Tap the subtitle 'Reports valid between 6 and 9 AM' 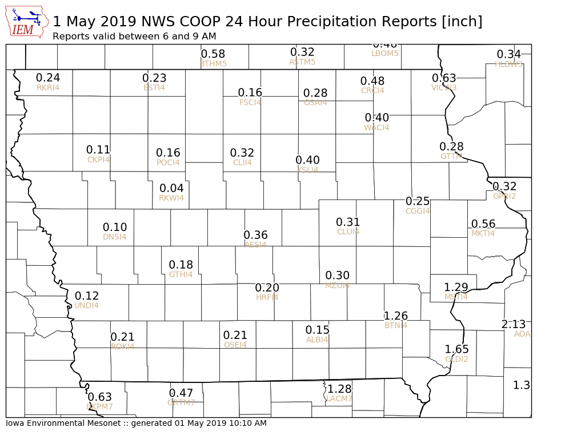(x=134, y=37)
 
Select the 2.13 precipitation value (x=513, y=325)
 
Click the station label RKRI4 (x=48, y=88)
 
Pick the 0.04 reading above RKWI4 (x=171, y=189)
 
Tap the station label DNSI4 (x=115, y=237)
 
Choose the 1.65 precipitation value (x=456, y=349)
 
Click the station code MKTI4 (x=483, y=233)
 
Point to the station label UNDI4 (x=87, y=306)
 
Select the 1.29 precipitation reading (x=456, y=287)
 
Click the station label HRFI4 (x=267, y=297)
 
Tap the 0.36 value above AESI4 (x=255, y=235)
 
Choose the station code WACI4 (x=376, y=127)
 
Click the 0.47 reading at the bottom (x=181, y=393)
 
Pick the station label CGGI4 (x=418, y=211)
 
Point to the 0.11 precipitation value (x=98, y=150)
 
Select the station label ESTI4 (x=154, y=87)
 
